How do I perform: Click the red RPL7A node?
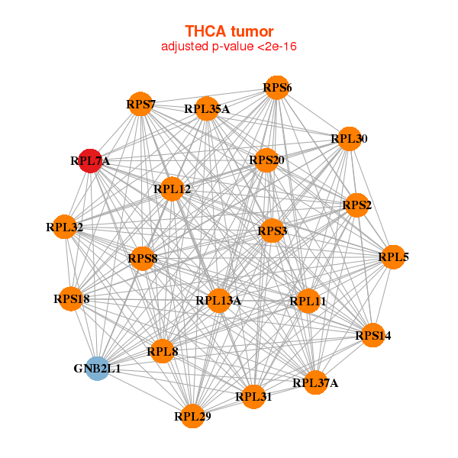click(90, 161)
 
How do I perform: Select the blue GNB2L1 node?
click(98, 369)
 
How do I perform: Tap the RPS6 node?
click(277, 88)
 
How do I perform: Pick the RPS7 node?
click(140, 104)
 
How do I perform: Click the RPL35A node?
click(207, 108)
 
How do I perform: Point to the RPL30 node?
click(350, 139)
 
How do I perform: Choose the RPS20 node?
click(266, 160)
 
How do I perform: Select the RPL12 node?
click(172, 189)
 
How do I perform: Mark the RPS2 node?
click(356, 205)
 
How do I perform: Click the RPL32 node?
click(64, 227)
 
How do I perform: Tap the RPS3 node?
click(273, 231)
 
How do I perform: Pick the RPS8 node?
click(143, 259)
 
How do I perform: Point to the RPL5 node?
click(393, 257)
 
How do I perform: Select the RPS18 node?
click(71, 298)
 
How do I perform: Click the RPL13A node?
click(218, 301)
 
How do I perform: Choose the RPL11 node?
click(308, 302)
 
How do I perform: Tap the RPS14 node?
click(373, 335)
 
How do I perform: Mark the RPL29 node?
click(193, 416)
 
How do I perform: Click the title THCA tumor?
click(229, 31)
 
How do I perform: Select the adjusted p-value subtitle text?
click(229, 47)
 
